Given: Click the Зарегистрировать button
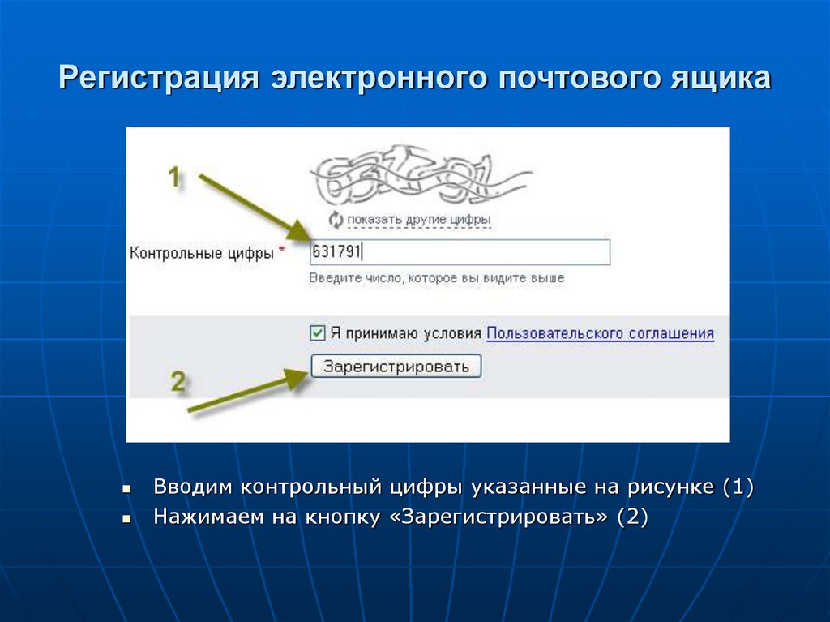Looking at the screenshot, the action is (396, 367).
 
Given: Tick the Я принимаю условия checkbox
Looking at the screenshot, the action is (317, 333).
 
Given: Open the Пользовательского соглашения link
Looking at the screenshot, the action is (600, 333).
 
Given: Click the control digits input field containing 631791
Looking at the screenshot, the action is (459, 252).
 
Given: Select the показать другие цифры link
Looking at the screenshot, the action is (419, 220).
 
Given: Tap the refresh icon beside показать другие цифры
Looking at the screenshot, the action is (336, 219).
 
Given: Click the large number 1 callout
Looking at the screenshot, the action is (173, 177).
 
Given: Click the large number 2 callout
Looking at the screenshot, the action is (178, 381).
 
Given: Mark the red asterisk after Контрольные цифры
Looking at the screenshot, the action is (281, 252).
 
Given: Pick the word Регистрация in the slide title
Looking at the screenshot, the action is (159, 80).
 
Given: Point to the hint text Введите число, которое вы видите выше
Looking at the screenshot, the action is (436, 278).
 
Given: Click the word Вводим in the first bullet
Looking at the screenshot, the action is (192, 488).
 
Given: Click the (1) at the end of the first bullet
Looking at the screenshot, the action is (737, 488).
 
